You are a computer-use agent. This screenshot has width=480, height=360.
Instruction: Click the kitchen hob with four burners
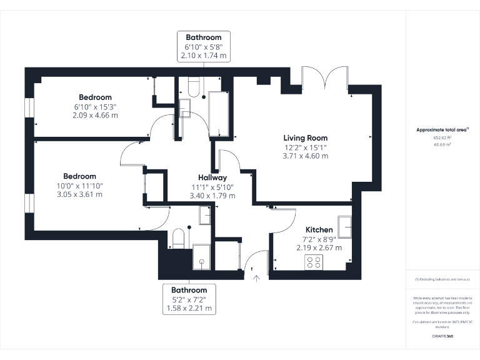(313, 262)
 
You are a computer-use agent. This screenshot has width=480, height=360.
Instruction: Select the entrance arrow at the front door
(256, 278)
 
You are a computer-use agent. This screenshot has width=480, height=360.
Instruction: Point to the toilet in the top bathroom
(193, 88)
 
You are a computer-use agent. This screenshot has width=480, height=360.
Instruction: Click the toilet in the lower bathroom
(178, 239)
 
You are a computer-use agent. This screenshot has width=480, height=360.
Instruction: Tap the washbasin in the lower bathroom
(204, 216)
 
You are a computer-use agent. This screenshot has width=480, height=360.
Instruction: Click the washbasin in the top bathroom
(184, 109)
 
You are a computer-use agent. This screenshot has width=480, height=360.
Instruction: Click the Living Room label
(305, 138)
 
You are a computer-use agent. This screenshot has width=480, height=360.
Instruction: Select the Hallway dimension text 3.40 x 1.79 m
(213, 196)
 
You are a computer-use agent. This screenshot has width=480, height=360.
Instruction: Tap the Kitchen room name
(319, 230)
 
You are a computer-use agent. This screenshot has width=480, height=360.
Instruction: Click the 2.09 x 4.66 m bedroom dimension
(95, 115)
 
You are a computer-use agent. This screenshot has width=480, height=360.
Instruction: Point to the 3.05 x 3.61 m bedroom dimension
(79, 194)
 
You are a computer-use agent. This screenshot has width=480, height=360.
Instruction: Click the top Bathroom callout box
(204, 47)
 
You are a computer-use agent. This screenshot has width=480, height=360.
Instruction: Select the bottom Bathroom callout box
(189, 299)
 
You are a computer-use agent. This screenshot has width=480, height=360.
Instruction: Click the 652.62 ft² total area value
(442, 137)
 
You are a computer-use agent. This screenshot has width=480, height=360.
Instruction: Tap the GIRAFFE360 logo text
(442, 336)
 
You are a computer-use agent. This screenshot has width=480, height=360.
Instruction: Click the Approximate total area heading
(442, 129)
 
